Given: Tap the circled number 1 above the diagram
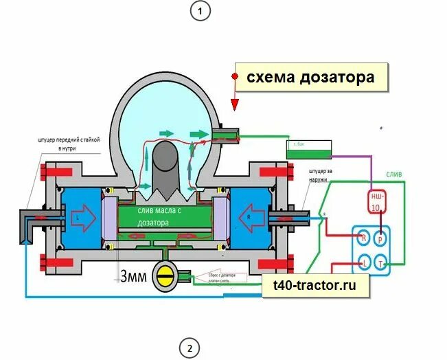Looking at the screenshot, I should (200, 11).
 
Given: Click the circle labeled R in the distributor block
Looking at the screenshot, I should (363, 238).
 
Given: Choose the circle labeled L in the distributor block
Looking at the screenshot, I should (363, 263).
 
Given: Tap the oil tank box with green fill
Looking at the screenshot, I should (308, 146).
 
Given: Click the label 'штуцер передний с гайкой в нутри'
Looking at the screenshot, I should (69, 144).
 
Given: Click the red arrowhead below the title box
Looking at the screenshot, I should (235, 104).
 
